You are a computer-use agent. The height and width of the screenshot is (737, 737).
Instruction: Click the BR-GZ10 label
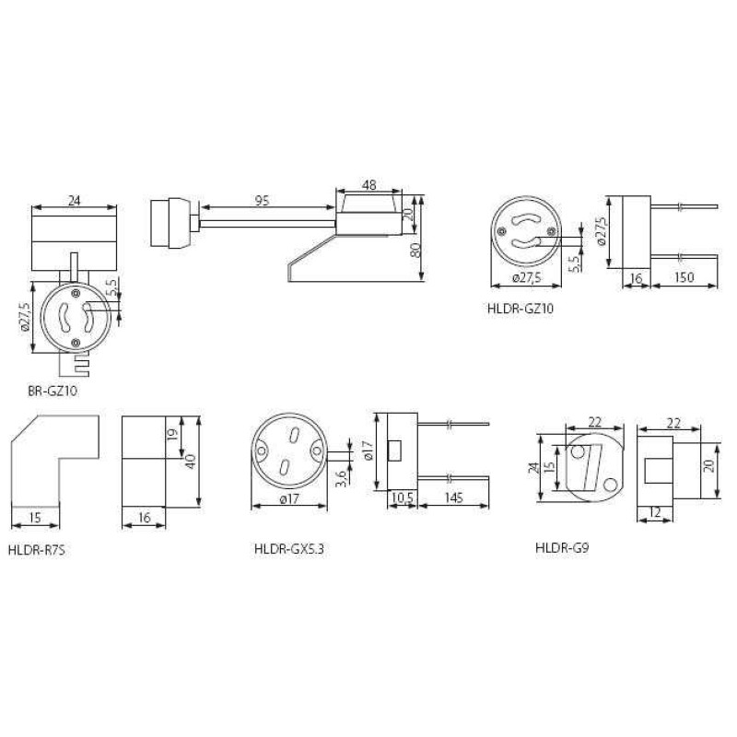coord(53,391)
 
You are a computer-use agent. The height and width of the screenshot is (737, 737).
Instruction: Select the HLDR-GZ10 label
coord(521,309)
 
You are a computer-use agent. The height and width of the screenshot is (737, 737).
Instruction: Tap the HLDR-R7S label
coord(37,550)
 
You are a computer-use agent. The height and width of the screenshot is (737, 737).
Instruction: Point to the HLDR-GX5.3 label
coord(289,549)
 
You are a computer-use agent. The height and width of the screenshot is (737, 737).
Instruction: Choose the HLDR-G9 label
coord(562,547)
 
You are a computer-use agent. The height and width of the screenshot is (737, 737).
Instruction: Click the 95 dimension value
coord(262,201)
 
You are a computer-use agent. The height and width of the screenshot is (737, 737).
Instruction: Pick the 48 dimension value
coord(369,185)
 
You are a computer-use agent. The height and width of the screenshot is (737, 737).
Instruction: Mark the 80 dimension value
coord(416,250)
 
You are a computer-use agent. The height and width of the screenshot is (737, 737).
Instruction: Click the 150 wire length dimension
coord(684,277)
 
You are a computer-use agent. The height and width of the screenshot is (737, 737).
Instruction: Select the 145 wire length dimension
coord(453,497)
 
